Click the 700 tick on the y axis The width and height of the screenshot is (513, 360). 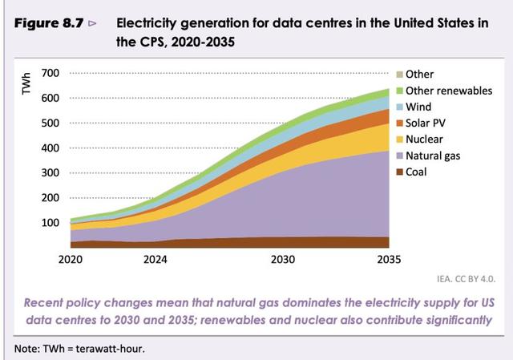click(x=50, y=74)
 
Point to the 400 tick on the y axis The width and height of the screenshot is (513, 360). click(x=50, y=148)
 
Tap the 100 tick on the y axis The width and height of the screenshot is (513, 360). click(x=50, y=222)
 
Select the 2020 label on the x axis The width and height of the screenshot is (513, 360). click(x=71, y=260)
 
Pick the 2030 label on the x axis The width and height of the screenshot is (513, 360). click(x=283, y=260)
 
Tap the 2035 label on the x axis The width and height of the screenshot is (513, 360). click(x=389, y=260)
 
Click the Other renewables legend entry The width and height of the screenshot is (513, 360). click(x=449, y=91)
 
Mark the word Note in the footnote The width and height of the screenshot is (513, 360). click(x=27, y=347)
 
